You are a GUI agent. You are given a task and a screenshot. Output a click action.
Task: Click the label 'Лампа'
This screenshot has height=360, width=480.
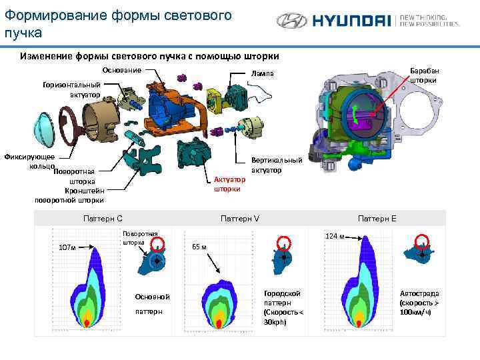point(262,74)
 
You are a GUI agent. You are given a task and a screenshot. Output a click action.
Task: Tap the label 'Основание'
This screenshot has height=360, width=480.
point(121,70)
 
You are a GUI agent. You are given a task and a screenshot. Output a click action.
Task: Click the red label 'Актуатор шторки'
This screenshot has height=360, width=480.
point(229,184)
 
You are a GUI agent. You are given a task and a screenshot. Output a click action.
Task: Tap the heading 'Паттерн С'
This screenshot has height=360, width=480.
point(103,218)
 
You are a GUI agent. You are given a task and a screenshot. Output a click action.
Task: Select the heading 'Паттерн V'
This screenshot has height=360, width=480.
point(240,218)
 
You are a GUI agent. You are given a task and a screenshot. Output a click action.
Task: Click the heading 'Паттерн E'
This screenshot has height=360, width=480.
point(377,218)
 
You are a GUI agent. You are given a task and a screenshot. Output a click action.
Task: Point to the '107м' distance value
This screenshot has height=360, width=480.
point(68,247)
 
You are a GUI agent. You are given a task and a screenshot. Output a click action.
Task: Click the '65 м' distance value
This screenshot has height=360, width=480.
point(199,247)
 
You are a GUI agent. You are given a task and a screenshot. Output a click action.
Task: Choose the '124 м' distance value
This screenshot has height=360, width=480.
point(335,236)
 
